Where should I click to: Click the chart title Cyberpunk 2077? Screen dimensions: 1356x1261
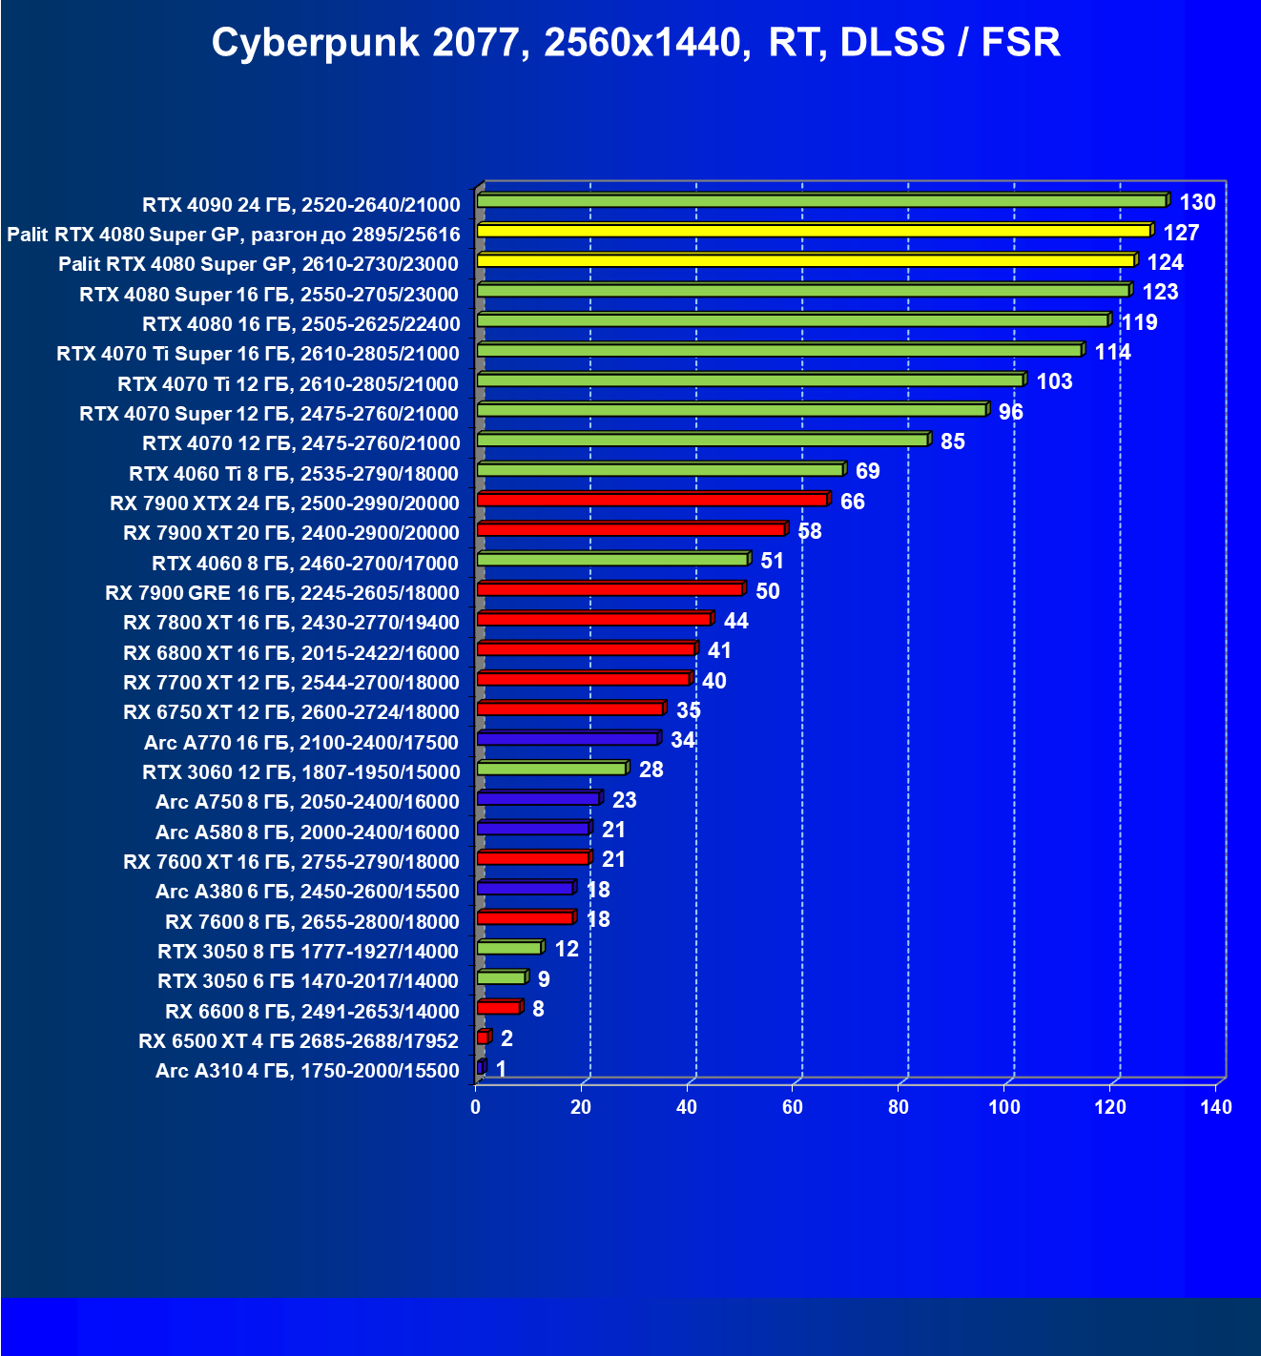pos(635,43)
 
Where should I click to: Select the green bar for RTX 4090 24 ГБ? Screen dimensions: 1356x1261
pos(821,201)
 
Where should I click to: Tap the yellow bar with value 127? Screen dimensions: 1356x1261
pos(814,231)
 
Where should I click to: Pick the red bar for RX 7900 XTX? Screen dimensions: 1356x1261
pos(651,500)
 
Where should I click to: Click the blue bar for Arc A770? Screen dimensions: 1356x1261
pos(568,739)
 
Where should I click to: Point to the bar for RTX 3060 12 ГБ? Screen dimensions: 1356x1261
pos(551,769)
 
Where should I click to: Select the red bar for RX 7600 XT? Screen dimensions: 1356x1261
pos(533,858)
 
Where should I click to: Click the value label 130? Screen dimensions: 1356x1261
pos(1197,202)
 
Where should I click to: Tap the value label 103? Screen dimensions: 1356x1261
pos(1054,381)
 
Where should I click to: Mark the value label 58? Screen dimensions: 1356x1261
pos(809,531)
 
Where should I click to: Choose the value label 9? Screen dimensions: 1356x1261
pos(543,979)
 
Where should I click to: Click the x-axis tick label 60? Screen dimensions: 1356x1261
pos(793,1107)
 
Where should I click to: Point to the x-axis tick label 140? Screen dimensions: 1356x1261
pos(1216,1107)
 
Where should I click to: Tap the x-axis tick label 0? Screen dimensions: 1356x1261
pos(476,1107)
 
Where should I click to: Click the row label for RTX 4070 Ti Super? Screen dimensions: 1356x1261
pos(258,354)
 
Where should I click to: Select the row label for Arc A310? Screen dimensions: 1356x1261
pos(307,1071)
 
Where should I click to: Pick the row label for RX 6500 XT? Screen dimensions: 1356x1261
pos(299,1041)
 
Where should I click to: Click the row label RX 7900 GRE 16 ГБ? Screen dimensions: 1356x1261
pos(282,593)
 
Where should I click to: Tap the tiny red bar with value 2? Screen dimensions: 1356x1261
pos(483,1038)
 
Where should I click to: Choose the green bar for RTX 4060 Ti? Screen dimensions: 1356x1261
pos(660,470)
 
